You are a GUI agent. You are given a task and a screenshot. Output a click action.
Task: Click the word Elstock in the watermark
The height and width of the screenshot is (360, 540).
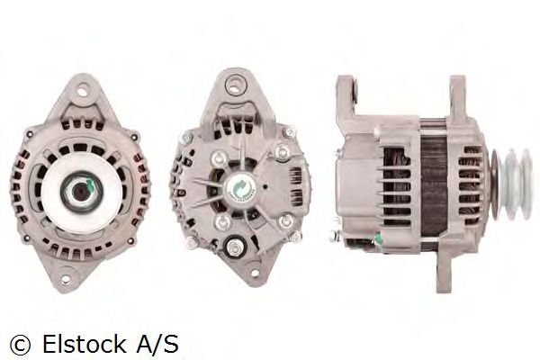pyautogui.click(x=85, y=344)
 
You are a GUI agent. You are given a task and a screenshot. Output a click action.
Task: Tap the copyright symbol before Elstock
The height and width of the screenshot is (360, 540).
pyautogui.click(x=20, y=345)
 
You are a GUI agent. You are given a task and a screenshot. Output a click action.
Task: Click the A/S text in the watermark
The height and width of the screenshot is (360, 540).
pyautogui.click(x=157, y=344)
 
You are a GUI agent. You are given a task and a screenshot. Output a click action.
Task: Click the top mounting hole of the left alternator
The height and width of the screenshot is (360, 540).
pyautogui.click(x=82, y=93)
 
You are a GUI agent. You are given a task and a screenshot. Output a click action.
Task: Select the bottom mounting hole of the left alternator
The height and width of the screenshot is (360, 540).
pyautogui.click(x=66, y=280)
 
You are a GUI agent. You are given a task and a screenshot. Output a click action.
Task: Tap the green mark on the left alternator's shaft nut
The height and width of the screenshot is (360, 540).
pyautogui.click(x=90, y=186)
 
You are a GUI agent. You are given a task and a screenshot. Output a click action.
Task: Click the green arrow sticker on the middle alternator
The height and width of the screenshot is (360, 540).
pyautogui.click(x=238, y=186)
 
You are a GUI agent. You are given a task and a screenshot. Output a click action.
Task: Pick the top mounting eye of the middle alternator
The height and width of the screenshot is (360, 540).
pyautogui.click(x=235, y=84)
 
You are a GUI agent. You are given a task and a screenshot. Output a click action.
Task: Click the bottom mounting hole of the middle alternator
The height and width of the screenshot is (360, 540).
pyautogui.click(x=255, y=274)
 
